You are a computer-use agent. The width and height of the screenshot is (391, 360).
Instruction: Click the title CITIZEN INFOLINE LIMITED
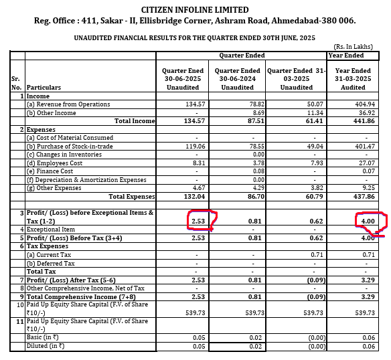coord(195,10)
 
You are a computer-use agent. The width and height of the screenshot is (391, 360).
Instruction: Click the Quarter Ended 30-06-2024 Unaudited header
coord(237,78)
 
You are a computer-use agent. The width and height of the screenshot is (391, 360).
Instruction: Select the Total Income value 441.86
coord(370,120)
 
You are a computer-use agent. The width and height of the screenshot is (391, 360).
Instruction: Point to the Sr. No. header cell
coord(16,82)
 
